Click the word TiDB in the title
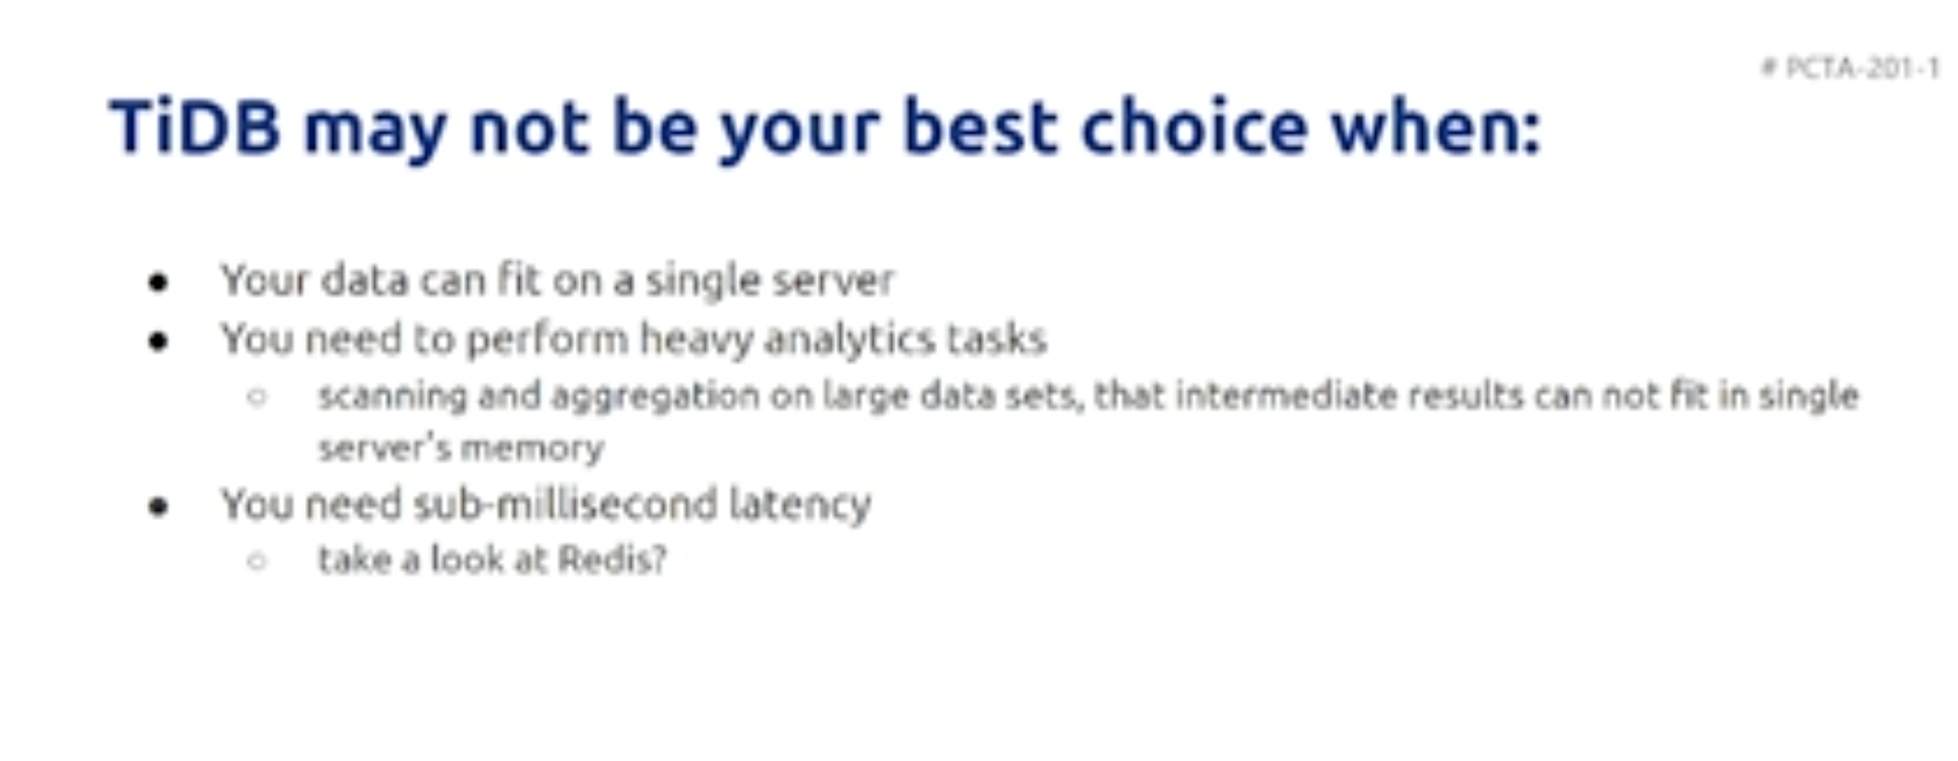point(195,126)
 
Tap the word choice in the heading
point(1194,126)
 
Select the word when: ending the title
point(1436,126)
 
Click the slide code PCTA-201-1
point(1861,68)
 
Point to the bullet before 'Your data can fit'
point(159,283)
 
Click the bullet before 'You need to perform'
point(159,341)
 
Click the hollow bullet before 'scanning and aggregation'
point(257,396)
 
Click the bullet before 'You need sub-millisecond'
point(159,506)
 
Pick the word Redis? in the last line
point(612,560)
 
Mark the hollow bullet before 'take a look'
point(257,561)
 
